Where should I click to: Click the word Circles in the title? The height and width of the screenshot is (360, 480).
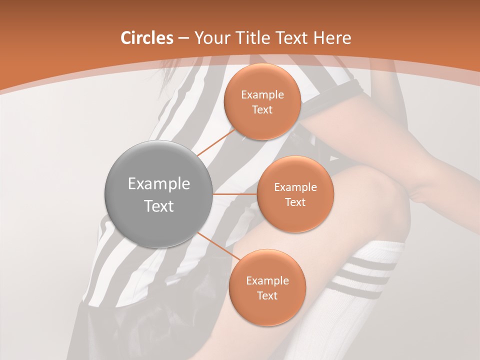tap(146, 38)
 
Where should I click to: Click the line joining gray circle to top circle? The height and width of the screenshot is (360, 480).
tap(216, 141)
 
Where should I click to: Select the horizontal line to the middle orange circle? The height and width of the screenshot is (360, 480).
tap(235, 194)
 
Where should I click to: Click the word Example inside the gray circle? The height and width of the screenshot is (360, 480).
tap(158, 184)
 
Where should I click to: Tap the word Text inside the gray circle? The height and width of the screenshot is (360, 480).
tap(158, 206)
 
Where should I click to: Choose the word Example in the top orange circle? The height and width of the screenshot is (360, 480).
tap(262, 94)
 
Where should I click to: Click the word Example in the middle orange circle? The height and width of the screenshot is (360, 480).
tap(295, 187)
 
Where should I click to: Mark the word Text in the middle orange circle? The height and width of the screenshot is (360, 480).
tap(295, 202)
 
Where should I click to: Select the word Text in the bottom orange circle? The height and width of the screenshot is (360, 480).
tap(267, 295)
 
